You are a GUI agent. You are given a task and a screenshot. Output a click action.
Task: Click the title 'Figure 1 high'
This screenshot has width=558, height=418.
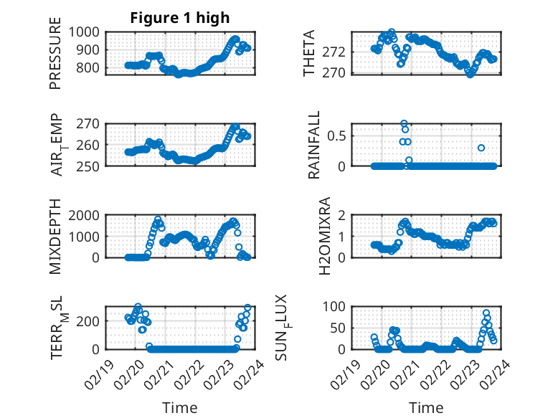[179, 18]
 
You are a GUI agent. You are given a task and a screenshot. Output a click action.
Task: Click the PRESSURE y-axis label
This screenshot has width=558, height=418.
[55, 58]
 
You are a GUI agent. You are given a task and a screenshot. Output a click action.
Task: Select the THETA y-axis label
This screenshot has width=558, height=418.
[309, 53]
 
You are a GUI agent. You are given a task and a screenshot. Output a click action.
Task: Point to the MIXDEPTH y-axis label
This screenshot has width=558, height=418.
[55, 237]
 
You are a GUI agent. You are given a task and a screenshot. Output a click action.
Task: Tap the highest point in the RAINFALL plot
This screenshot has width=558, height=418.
[404, 123]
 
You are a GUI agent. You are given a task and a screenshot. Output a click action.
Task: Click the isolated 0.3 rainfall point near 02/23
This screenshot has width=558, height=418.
[481, 148]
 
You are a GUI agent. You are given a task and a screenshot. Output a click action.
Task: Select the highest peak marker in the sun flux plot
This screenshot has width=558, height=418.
[486, 313]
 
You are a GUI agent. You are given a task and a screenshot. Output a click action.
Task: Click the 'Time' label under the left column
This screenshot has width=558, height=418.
[179, 408]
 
